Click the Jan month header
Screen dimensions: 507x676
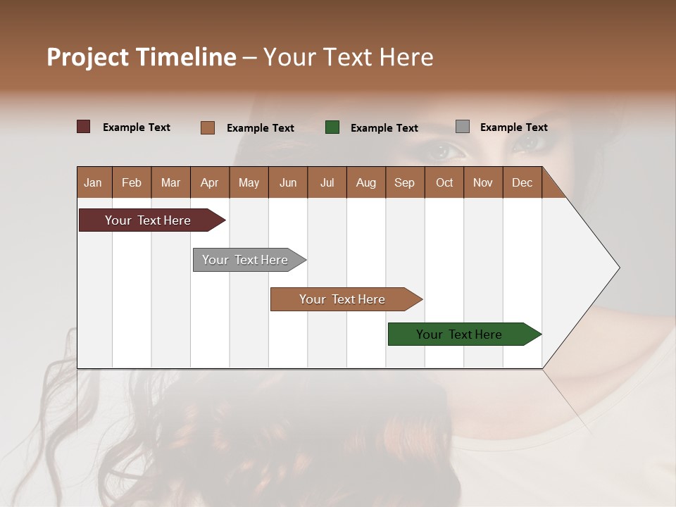tap(94, 182)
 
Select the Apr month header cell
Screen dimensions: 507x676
tap(210, 182)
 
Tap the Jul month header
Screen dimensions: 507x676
tap(327, 182)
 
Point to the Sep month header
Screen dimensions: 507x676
tap(405, 182)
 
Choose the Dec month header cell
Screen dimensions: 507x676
tap(522, 182)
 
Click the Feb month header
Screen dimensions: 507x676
tap(132, 182)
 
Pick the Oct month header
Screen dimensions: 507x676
tap(444, 182)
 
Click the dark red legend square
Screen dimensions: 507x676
tap(84, 127)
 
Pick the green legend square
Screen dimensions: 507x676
tap(332, 127)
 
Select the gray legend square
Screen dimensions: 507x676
tap(463, 127)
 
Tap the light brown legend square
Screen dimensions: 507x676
tap(208, 127)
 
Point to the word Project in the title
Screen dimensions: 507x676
tap(88, 57)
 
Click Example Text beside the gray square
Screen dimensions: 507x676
tap(513, 127)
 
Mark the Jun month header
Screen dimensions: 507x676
tap(288, 182)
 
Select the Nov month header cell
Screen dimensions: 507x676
tap(483, 182)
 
